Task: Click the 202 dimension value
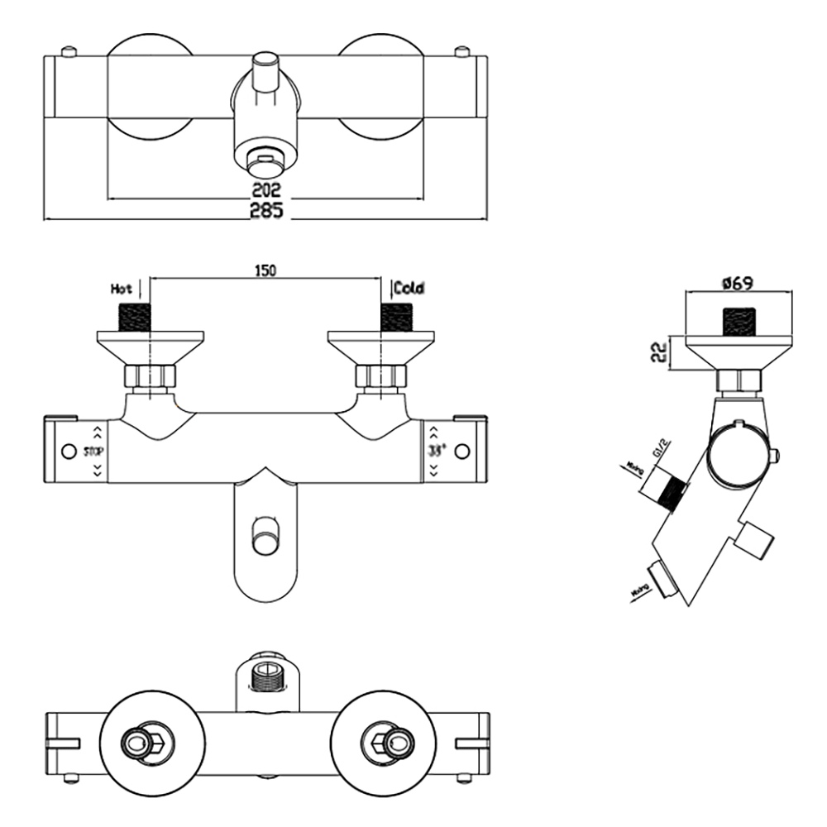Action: [266, 189]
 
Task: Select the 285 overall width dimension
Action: [266, 212]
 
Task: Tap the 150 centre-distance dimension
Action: [265, 270]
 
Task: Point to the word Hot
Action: [122, 289]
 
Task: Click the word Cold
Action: [409, 289]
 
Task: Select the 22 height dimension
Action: [658, 352]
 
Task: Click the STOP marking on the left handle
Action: [93, 452]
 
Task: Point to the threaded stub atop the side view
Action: [740, 320]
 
